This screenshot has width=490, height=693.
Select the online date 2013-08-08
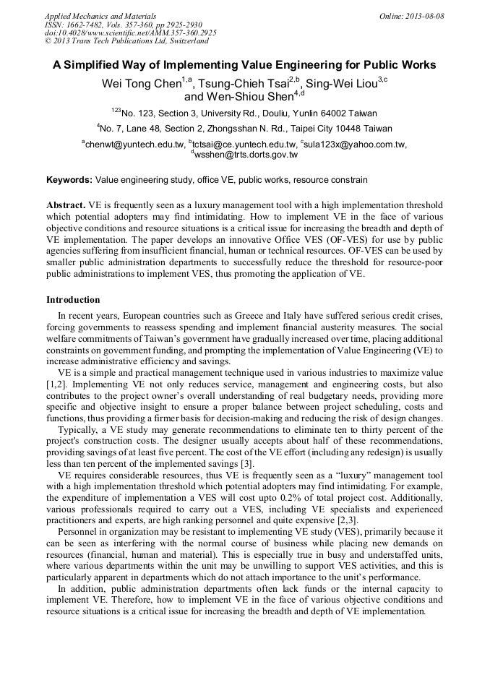(x=424, y=15)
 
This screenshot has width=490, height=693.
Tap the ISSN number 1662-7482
(x=89, y=24)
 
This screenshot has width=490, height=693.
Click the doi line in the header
(x=130, y=33)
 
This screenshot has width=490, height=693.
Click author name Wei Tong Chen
(x=140, y=83)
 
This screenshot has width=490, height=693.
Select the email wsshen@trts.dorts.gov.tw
(x=246, y=154)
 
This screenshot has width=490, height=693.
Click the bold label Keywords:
(x=69, y=179)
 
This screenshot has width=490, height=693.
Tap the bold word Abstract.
(x=66, y=205)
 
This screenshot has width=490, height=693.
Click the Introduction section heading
(x=73, y=299)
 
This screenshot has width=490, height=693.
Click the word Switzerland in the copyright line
(x=180, y=41)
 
